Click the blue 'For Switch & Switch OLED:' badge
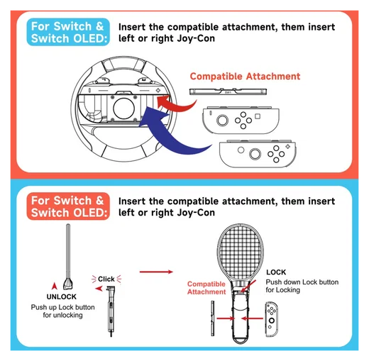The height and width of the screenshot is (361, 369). pyautogui.click(x=68, y=32)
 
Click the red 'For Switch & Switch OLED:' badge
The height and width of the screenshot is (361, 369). pyautogui.click(x=68, y=206)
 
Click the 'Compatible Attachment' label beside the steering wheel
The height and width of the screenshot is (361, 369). pyautogui.click(x=245, y=77)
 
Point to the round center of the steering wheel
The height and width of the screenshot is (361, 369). pyautogui.click(x=124, y=109)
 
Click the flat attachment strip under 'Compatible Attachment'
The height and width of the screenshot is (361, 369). pyautogui.click(x=228, y=91)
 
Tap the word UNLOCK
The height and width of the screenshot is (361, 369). pyautogui.click(x=62, y=296)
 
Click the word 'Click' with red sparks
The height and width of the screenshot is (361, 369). pyautogui.click(x=106, y=279)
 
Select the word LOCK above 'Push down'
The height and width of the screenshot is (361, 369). pyautogui.click(x=276, y=272)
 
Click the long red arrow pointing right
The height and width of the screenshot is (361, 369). pyautogui.click(x=156, y=272)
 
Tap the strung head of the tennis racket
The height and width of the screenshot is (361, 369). pyautogui.click(x=240, y=251)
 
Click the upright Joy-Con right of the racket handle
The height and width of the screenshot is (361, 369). pyautogui.click(x=272, y=319)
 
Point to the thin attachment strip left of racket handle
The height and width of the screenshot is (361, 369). pyautogui.click(x=213, y=318)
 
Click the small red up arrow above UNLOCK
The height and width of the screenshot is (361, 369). pyautogui.click(x=55, y=286)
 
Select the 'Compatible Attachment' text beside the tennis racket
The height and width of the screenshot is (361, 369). pyautogui.click(x=206, y=288)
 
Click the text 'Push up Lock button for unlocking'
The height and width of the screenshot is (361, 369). pyautogui.click(x=62, y=311)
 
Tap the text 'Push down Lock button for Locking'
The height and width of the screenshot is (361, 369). pyautogui.click(x=302, y=286)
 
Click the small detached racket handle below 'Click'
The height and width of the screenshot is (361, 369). pyautogui.click(x=111, y=311)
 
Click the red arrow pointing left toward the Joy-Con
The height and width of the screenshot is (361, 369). pyautogui.click(x=252, y=318)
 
